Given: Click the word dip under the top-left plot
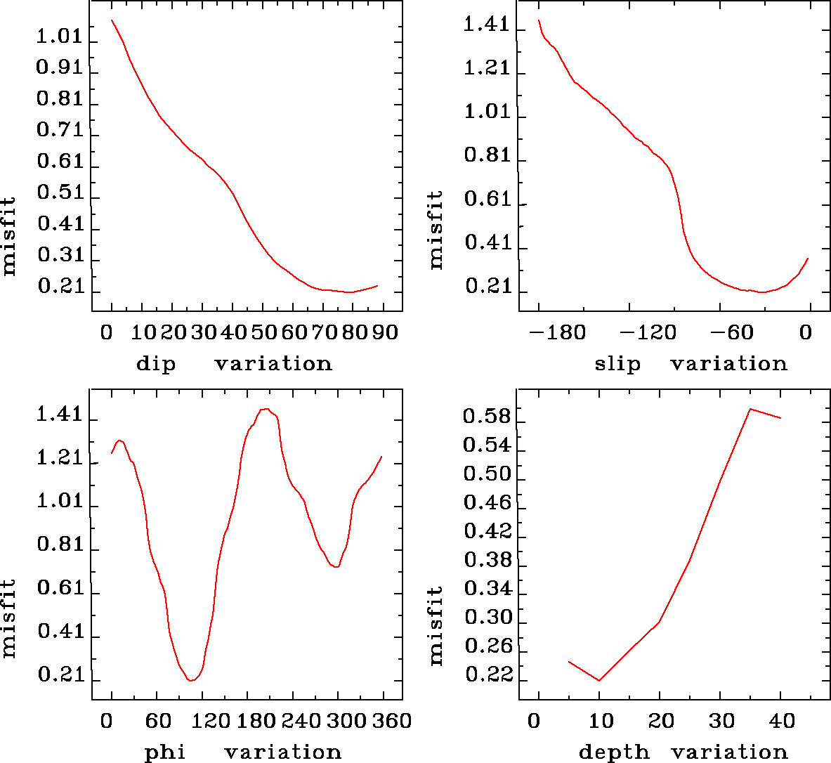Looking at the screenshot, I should [155, 364].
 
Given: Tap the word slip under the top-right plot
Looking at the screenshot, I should [617, 364].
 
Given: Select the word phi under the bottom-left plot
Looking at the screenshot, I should [164, 752].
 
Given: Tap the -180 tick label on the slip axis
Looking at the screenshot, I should [558, 332].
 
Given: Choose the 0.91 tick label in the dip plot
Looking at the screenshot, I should [60, 67].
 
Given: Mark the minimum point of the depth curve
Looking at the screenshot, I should [599, 680].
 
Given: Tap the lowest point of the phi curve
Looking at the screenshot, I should [190, 680].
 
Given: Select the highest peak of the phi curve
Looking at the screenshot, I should [266, 408].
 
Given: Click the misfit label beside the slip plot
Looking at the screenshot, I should [436, 230].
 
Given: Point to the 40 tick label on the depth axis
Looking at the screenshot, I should [781, 721].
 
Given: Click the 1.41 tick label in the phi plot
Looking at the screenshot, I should [60, 415].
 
